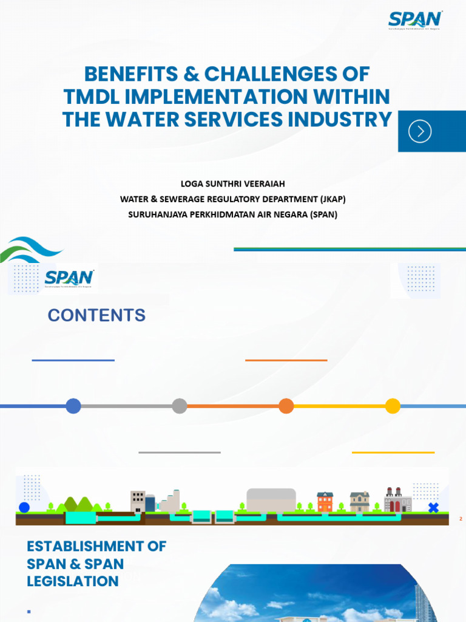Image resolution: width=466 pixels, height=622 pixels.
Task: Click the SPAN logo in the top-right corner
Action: pyautogui.click(x=415, y=19)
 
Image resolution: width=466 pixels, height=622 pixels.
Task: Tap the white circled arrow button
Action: pyautogui.click(x=420, y=131)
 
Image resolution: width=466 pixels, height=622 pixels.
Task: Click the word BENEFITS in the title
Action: pyautogui.click(x=131, y=74)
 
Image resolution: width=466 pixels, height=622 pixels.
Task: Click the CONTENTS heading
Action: pyautogui.click(x=96, y=315)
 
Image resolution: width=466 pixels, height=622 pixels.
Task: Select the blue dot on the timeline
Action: pyautogui.click(x=73, y=406)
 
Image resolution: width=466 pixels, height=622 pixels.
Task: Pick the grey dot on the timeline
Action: pyautogui.click(x=180, y=406)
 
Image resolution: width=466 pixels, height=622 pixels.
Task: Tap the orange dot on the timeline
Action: pyautogui.click(x=286, y=406)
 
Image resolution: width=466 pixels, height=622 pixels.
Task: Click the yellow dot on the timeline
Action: pyautogui.click(x=393, y=406)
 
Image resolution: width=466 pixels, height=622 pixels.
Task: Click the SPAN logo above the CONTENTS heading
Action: pyautogui.click(x=69, y=278)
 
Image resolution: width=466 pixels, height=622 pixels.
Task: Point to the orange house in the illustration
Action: pyautogui.click(x=325, y=502)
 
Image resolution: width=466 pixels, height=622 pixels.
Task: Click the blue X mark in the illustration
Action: pyautogui.click(x=433, y=507)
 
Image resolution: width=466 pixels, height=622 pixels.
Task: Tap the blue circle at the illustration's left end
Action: pyautogui.click(x=24, y=507)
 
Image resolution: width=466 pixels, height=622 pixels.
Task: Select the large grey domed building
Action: pyautogui.click(x=271, y=500)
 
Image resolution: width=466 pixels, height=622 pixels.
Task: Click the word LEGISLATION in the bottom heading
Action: pyautogui.click(x=73, y=581)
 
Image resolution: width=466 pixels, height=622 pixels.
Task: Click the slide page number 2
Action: pyautogui.click(x=461, y=519)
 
